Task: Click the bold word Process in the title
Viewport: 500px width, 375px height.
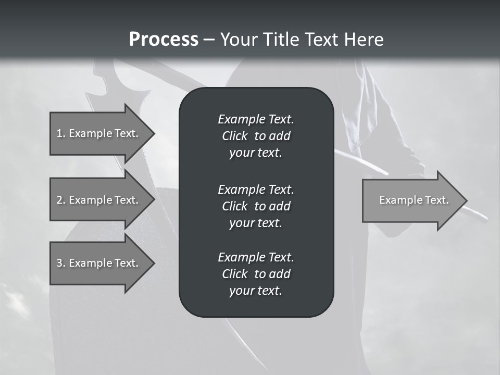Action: [x=164, y=40]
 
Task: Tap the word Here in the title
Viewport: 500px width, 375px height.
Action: [x=364, y=40]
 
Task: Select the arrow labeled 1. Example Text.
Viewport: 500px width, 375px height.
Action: [x=99, y=133]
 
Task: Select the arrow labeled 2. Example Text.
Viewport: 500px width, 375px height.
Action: [x=99, y=200]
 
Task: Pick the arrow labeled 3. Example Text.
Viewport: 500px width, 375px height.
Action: [x=99, y=263]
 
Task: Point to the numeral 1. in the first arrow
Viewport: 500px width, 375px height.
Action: [x=60, y=133]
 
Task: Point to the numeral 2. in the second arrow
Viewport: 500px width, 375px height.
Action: [x=60, y=200]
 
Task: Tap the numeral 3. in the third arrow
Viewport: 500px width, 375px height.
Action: [x=60, y=263]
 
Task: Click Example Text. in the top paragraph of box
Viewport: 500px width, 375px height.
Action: [x=256, y=119]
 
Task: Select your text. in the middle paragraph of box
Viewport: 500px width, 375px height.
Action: [x=256, y=223]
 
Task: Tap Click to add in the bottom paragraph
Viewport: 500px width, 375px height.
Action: [x=256, y=274]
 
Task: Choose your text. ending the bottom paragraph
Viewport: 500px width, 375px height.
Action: [x=256, y=291]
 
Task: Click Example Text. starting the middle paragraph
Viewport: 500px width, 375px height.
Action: [x=256, y=189]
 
